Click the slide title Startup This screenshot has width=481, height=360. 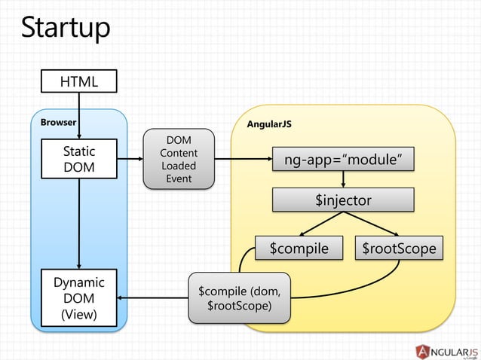66,28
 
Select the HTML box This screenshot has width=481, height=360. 79,81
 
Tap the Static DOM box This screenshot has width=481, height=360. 79,159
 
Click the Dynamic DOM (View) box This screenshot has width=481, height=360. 79,298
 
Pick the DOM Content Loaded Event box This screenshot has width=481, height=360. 179,159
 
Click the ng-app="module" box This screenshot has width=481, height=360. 343,159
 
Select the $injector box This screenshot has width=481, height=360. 343,200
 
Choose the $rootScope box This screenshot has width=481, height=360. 399,248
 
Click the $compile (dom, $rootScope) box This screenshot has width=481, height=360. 238,298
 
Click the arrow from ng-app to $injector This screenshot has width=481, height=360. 343,179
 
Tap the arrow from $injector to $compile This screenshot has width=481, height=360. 317,224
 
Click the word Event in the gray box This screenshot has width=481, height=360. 179,178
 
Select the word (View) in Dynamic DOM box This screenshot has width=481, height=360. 79,314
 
